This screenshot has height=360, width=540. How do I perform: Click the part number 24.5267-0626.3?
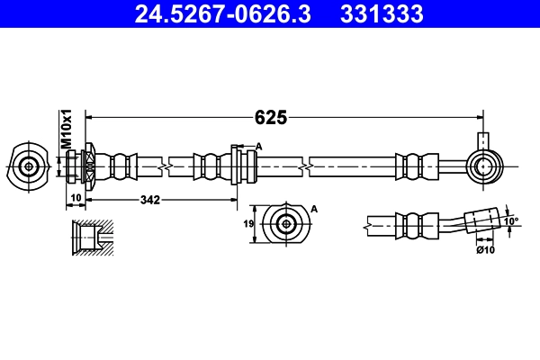tap(221, 13)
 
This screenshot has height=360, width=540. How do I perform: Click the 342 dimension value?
tap(151, 200)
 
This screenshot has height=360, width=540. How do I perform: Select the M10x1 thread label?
tap(66, 130)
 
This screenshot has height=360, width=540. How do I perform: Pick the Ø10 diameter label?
tap(486, 249)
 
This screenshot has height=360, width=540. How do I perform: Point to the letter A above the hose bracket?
tap(258, 147)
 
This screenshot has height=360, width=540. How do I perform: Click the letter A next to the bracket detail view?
tap(314, 208)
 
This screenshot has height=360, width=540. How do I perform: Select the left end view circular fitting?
tap(29, 166)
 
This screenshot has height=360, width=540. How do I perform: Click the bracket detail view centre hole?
tap(286, 224)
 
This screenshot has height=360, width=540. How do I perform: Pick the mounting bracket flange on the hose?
tap(236, 166)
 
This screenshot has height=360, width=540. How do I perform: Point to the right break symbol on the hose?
tap(308, 166)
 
